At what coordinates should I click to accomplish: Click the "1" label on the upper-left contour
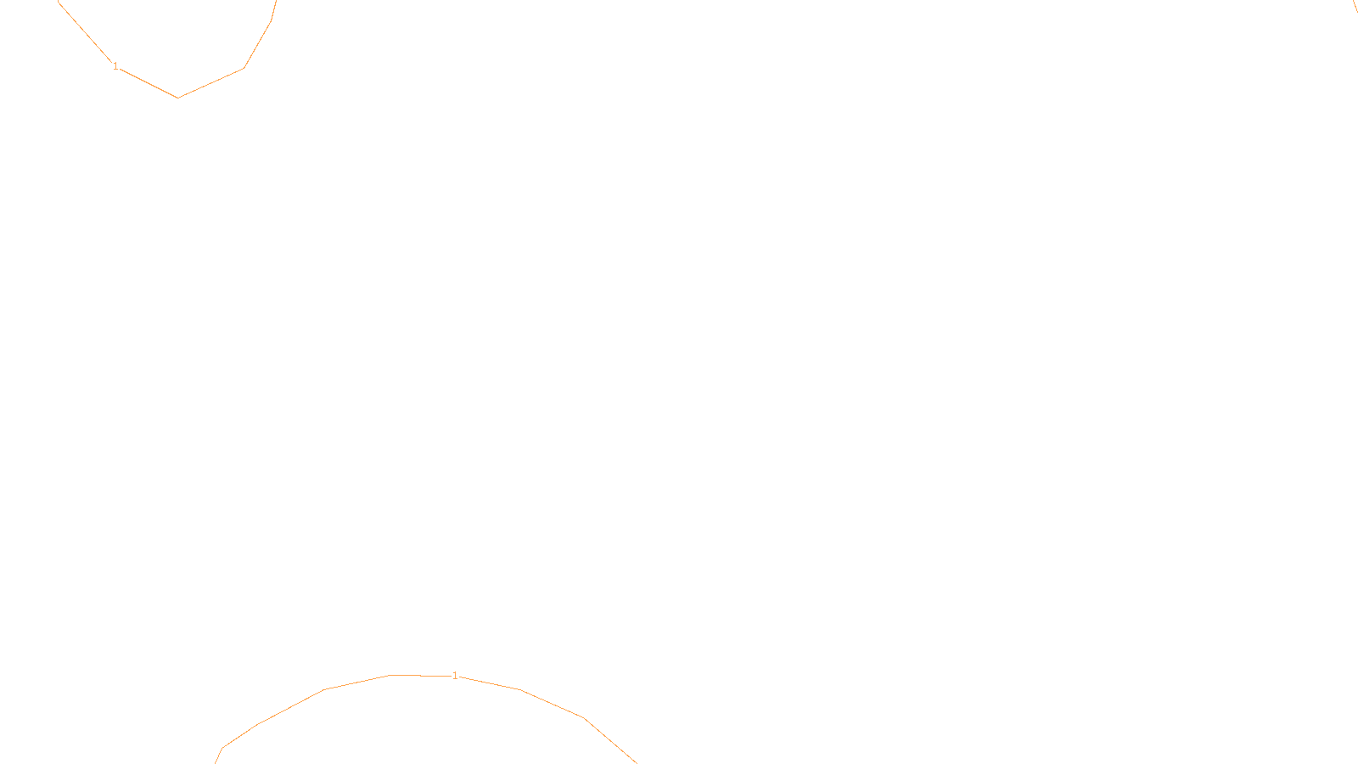pyautogui.click(x=115, y=66)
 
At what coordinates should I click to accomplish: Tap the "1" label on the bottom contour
pyautogui.click(x=455, y=676)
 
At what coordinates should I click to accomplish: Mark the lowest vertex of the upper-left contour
pyautogui.click(x=177, y=98)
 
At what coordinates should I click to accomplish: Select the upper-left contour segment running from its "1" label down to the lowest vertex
pyautogui.click(x=149, y=83)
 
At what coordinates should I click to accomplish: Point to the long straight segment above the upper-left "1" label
pyautogui.click(x=85, y=32)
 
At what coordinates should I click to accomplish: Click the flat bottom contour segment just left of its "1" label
pyautogui.click(x=420, y=676)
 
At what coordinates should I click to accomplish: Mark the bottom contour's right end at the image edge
pyautogui.click(x=636, y=761)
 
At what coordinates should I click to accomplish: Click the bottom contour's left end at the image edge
pyautogui.click(x=216, y=761)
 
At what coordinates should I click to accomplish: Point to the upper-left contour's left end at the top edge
pyautogui.click(x=59, y=3)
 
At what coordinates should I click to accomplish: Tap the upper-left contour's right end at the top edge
pyautogui.click(x=276, y=2)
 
